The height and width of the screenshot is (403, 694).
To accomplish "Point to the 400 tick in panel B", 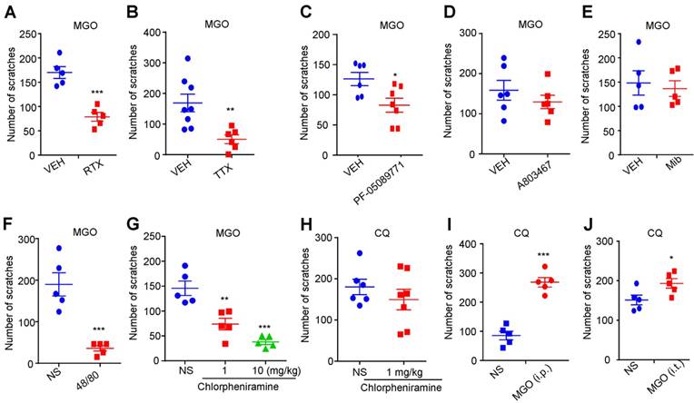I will pyautogui.click(x=168, y=34).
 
